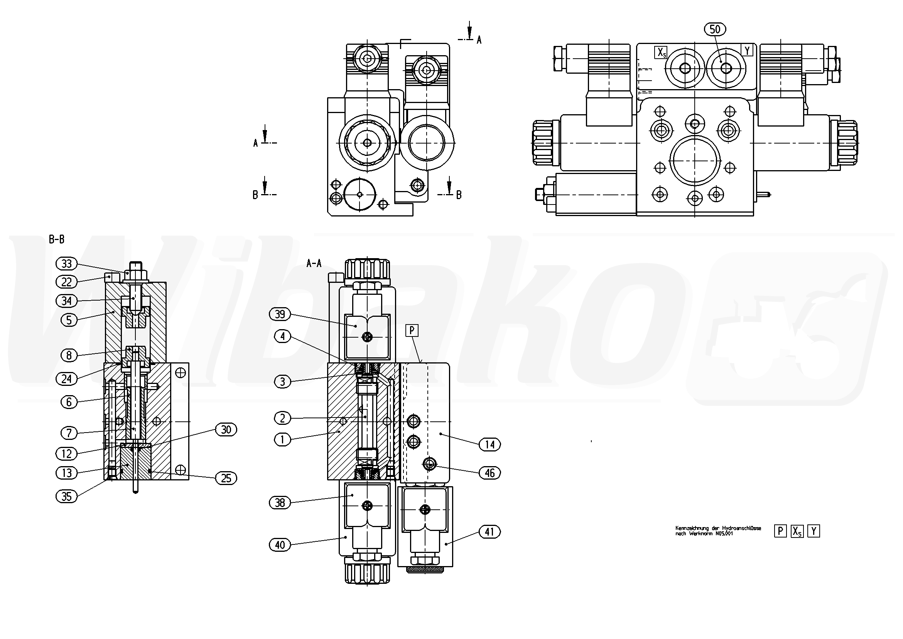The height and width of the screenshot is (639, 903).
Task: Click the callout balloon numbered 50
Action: pos(715,29)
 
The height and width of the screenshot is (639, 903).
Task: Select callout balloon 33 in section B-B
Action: pos(67,263)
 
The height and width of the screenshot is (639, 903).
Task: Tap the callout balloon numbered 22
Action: pos(67,282)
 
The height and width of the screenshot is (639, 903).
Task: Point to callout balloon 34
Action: pos(67,301)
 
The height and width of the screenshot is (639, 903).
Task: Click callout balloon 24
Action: pos(67,379)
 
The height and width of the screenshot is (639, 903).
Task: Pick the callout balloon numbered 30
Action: pos(226,430)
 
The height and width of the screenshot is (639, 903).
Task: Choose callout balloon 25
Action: pos(226,478)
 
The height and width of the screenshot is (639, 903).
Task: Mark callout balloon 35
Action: pos(67,496)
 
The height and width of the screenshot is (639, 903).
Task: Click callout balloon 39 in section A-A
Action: pos(280,314)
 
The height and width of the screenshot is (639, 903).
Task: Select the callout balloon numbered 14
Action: pos(489,445)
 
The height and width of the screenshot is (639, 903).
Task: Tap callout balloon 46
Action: pos(489,473)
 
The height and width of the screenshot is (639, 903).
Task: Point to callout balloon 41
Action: pos(489,532)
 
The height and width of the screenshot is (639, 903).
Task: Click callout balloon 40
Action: pos(280,545)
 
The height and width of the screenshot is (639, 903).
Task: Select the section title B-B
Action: pos(57,239)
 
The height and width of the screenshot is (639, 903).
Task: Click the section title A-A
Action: pos(314,264)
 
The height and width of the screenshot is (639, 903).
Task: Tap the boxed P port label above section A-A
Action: pos(412,330)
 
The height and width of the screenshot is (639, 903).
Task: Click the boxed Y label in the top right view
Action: pos(747,51)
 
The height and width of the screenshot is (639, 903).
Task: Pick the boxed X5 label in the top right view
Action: pos(661,52)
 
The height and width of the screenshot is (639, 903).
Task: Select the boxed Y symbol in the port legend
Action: pos(814,532)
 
